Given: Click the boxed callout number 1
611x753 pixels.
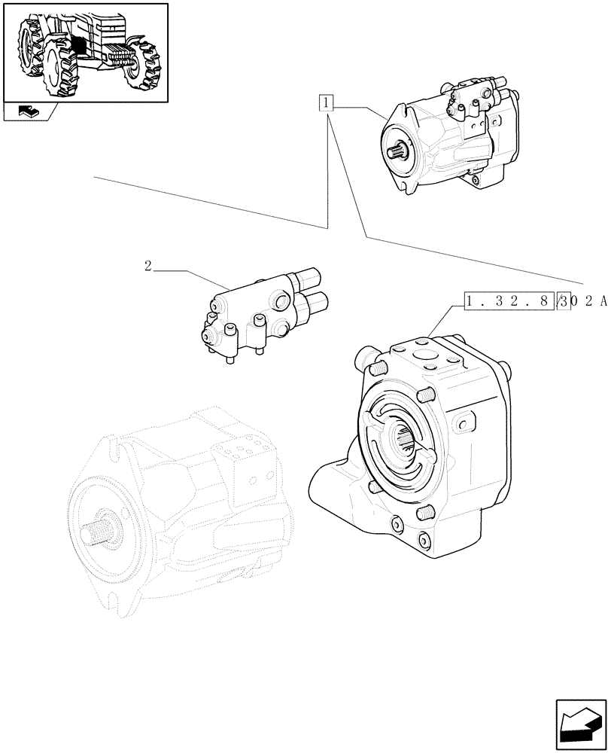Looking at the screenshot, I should pos(325,102).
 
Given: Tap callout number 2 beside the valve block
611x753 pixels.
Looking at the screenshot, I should pos(148,265).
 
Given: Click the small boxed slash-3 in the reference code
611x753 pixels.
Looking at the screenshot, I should pos(564,302).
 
